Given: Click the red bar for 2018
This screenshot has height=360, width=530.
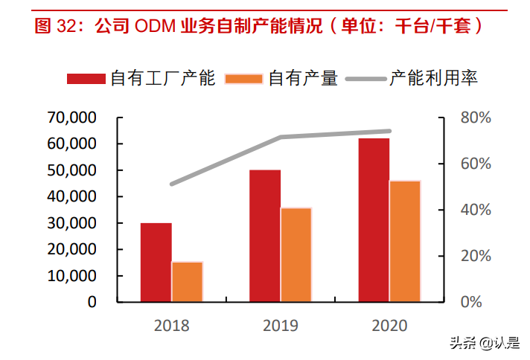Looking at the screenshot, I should point(156,262).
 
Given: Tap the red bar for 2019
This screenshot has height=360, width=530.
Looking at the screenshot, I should point(265,236).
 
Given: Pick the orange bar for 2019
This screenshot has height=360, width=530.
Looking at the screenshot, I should point(296,254).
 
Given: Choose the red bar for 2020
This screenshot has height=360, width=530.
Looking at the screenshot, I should point(374,220).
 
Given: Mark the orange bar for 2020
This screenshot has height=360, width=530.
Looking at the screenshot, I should point(405,241).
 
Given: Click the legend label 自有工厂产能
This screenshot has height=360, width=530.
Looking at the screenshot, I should point(162,78).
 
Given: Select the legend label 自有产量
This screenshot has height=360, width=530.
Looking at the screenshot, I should point(303,78).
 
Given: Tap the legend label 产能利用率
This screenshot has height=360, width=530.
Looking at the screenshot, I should point(433,78).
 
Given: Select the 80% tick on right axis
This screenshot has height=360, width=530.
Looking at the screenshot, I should point(475,118).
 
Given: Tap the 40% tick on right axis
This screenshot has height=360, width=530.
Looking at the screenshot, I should point(475,210).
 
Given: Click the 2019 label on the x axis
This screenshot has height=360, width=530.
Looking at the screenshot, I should point(280,325).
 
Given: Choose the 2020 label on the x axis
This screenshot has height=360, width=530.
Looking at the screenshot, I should point(389,325).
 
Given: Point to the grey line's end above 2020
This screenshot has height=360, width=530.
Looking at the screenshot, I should point(389,131).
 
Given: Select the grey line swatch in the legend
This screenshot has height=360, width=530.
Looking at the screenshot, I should point(365,78).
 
